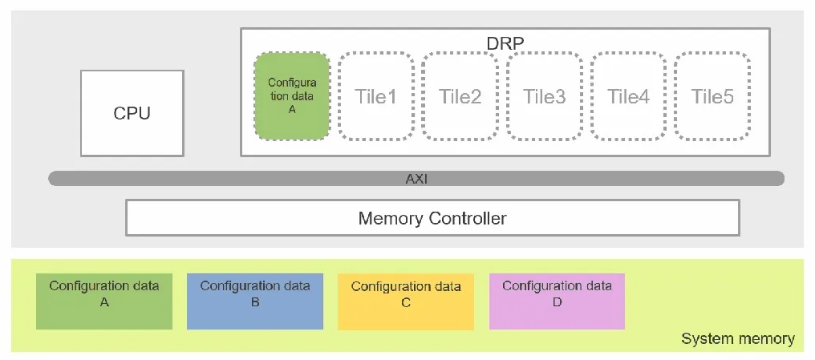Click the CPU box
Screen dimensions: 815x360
click(132, 113)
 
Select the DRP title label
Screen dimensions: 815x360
click(505, 43)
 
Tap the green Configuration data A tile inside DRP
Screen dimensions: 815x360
click(292, 96)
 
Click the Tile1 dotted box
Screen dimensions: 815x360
click(376, 96)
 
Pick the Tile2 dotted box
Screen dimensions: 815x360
click(460, 96)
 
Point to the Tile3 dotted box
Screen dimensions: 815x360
click(544, 96)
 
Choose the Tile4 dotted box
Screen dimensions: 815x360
click(628, 96)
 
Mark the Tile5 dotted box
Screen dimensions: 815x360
click(712, 96)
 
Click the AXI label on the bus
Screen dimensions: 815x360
click(416, 180)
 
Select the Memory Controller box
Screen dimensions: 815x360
click(432, 217)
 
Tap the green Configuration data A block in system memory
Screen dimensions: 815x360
click(104, 301)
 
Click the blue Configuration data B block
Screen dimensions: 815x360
click(255, 301)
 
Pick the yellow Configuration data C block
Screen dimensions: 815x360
click(406, 301)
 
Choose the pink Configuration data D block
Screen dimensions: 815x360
click(557, 301)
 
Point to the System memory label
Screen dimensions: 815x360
click(737, 339)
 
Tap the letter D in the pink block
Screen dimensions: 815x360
click(557, 301)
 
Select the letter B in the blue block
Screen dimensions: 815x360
click(255, 301)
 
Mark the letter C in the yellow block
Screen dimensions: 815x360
click(406, 301)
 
